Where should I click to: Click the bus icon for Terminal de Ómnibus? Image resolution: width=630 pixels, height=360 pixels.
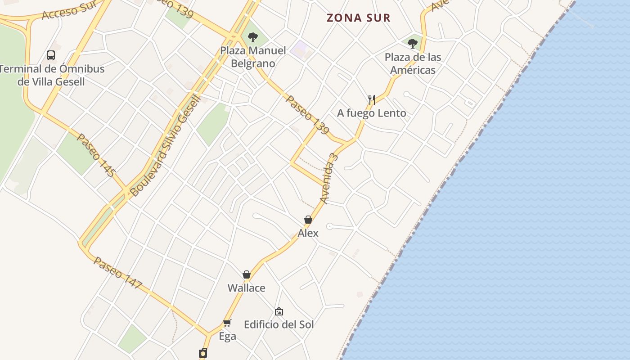pyautogui.click(x=51, y=55)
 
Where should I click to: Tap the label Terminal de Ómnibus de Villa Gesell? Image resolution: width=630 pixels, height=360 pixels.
pyautogui.click(x=51, y=76)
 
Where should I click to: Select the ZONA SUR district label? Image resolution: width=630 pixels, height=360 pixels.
pyautogui.click(x=358, y=18)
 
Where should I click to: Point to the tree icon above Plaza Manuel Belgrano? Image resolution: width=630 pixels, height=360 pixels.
pyautogui.click(x=253, y=37)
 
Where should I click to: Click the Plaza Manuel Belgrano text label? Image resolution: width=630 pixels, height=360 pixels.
pyautogui.click(x=253, y=57)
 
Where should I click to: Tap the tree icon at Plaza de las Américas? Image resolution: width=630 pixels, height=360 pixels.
pyautogui.click(x=413, y=44)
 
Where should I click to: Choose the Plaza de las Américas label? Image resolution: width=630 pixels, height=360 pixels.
pyautogui.click(x=413, y=63)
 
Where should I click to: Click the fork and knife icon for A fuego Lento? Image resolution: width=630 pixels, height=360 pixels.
pyautogui.click(x=372, y=99)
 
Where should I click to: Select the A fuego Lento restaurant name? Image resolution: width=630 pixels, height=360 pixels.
pyautogui.click(x=372, y=113)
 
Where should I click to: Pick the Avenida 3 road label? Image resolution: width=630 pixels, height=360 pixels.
pyautogui.click(x=328, y=178)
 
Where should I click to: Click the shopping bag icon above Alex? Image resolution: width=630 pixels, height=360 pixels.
pyautogui.click(x=308, y=220)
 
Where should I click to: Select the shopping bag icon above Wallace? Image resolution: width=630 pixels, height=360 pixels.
pyautogui.click(x=247, y=274)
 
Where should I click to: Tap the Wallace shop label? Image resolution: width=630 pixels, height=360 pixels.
pyautogui.click(x=247, y=288)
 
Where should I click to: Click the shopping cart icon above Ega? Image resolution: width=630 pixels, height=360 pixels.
pyautogui.click(x=227, y=323)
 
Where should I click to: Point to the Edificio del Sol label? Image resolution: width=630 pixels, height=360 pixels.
pyautogui.click(x=279, y=324)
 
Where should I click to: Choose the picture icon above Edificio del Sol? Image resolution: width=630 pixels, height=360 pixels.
pyautogui.click(x=279, y=311)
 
